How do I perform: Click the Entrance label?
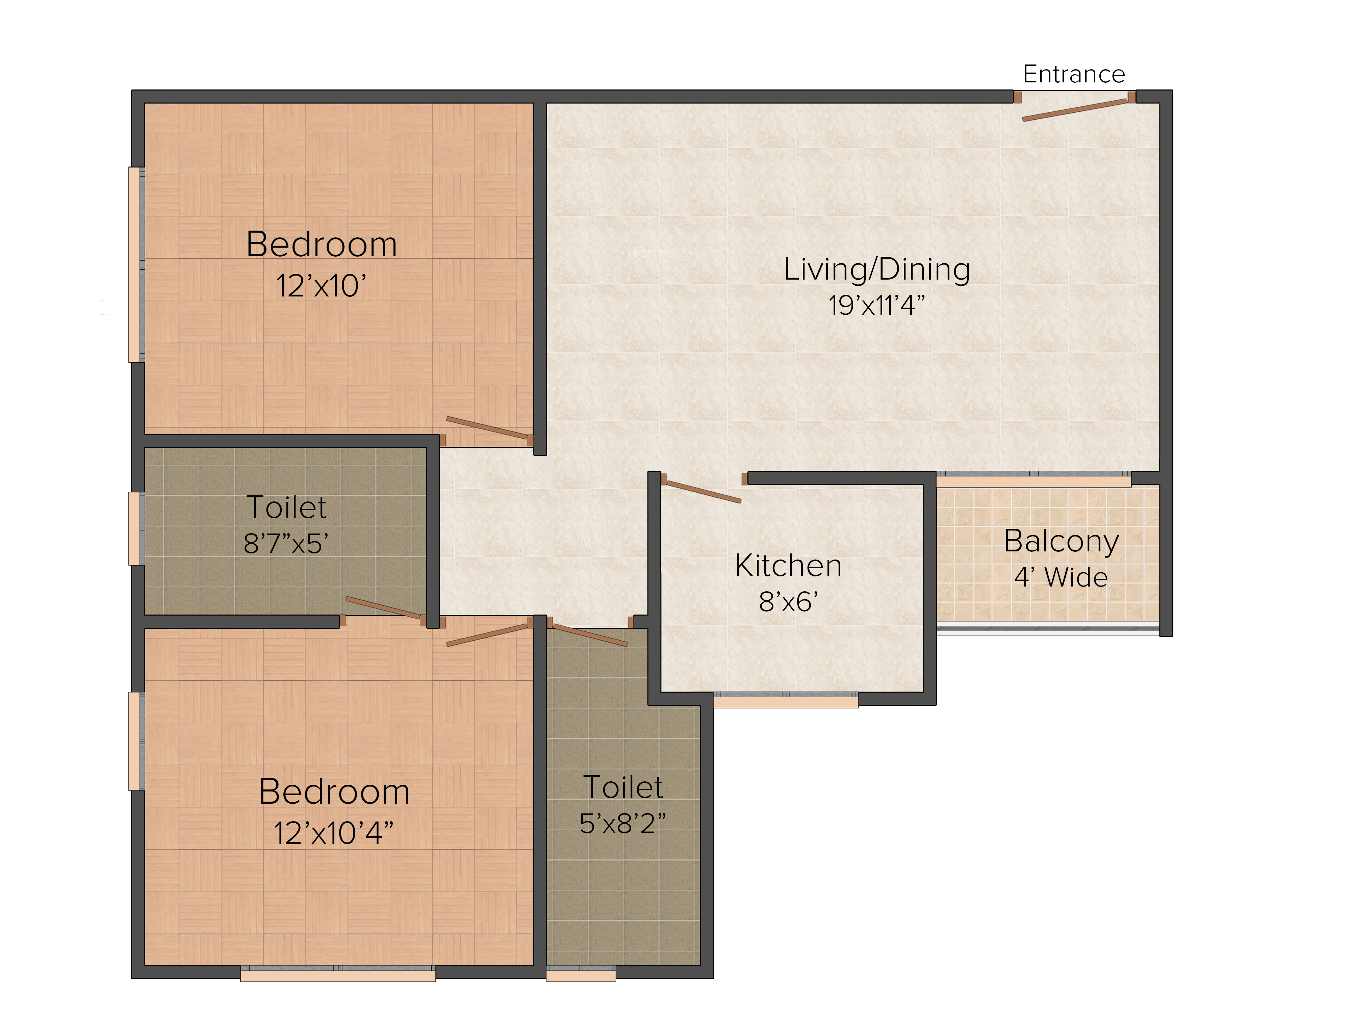click(x=1074, y=75)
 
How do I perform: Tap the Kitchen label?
click(x=789, y=566)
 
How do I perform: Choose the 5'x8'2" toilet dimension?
click(x=622, y=823)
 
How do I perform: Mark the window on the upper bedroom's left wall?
click(x=136, y=264)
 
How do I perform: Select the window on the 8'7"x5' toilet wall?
click(x=136, y=528)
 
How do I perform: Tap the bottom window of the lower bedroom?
click(x=338, y=973)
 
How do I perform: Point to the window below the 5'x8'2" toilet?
click(x=581, y=973)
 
